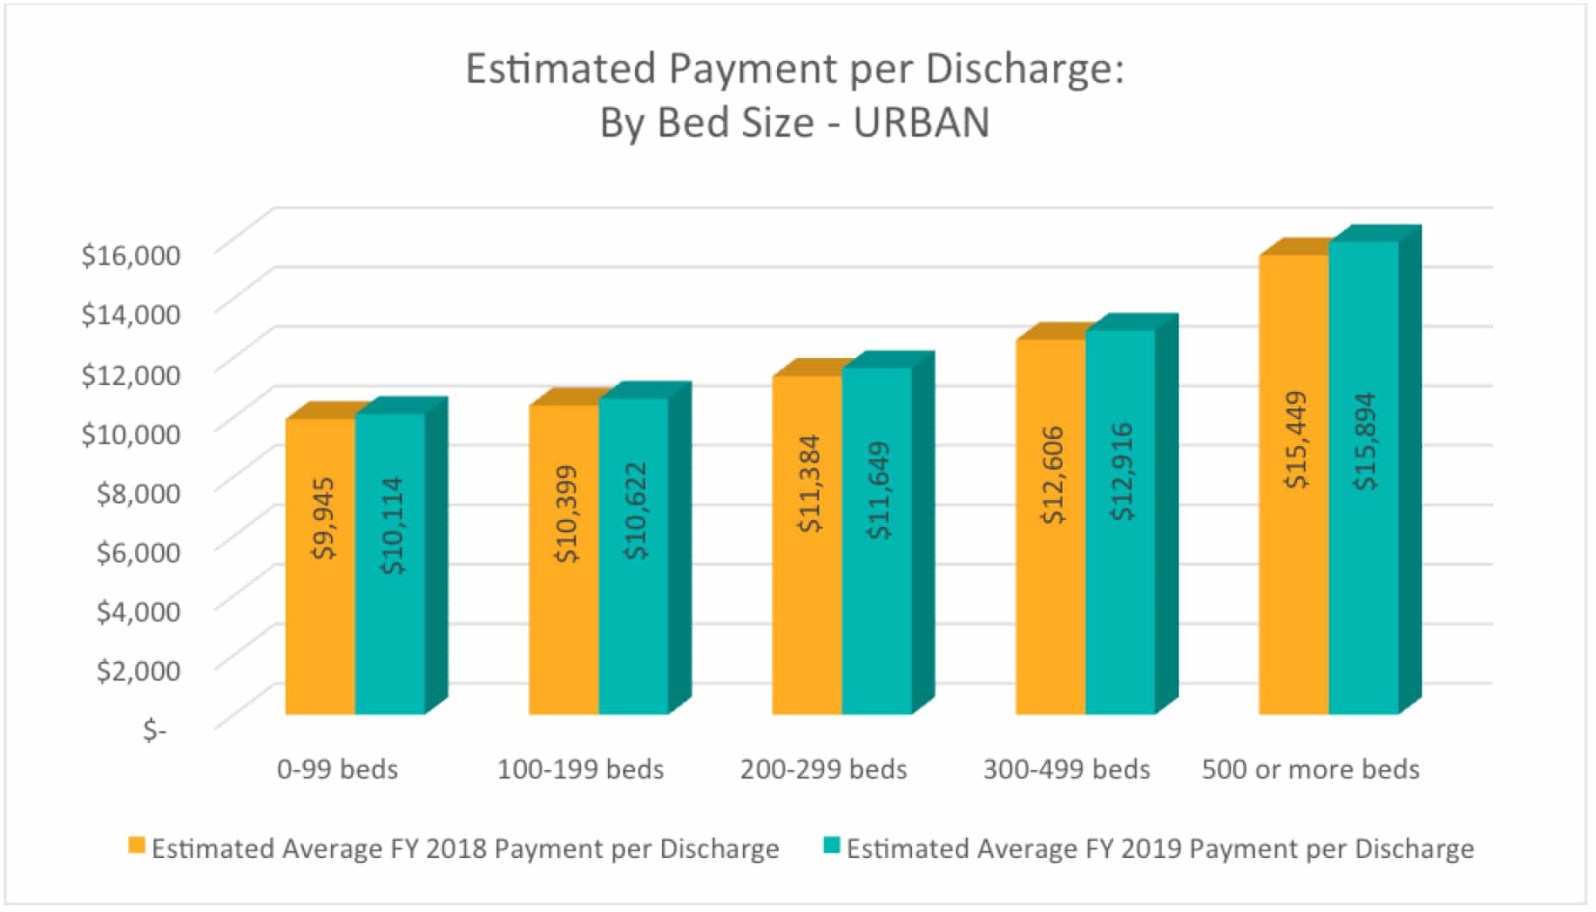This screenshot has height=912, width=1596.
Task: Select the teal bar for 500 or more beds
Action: [1363, 591]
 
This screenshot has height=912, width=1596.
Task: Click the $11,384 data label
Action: [810, 484]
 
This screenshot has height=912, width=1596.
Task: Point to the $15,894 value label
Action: [1365, 442]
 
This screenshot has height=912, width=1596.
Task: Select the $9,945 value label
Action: [323, 518]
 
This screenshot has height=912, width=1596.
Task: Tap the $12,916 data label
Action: [1121, 472]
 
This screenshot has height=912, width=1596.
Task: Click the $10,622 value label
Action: [636, 511]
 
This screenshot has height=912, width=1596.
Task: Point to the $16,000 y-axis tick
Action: [131, 254]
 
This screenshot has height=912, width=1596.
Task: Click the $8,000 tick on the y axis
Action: [138, 492]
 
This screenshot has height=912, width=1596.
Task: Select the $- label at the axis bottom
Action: [155, 730]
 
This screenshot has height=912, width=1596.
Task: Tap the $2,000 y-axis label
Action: [138, 670]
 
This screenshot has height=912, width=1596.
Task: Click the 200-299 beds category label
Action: [823, 769]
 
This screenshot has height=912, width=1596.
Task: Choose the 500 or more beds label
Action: [1311, 769]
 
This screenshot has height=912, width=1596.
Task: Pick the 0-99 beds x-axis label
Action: [338, 769]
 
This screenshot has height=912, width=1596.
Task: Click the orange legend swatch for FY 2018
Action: [137, 846]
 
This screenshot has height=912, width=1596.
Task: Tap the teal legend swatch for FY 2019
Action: [832, 846]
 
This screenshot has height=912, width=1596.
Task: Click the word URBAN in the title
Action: [921, 122]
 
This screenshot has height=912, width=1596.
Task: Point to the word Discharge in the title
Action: [1023, 69]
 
